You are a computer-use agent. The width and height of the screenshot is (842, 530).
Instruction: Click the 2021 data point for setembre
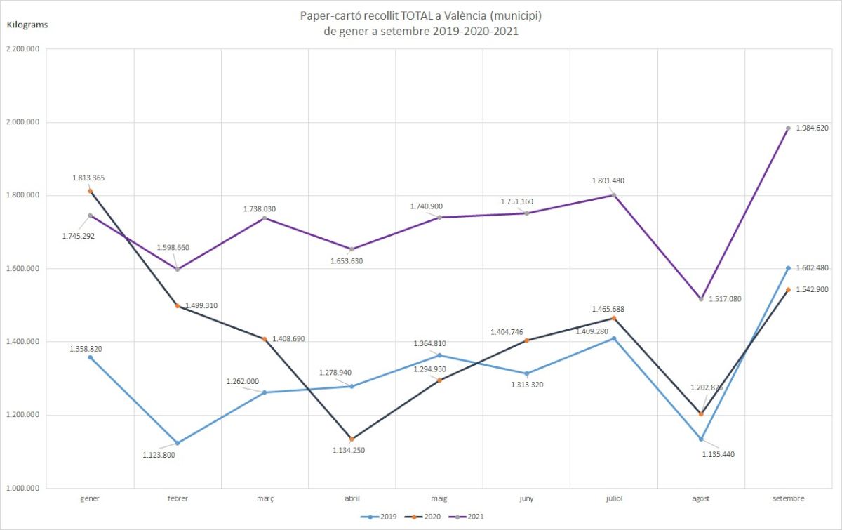pos(788,128)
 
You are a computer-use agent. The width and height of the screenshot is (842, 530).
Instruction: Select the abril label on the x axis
pos(352,498)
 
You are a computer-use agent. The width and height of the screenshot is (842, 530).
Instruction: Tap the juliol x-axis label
pos(613,498)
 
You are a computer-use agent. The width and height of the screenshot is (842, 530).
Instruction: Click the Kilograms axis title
pos(27,25)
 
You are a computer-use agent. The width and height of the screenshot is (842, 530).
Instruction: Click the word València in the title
pos(476,15)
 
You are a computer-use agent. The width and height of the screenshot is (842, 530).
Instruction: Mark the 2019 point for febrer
pos(178,443)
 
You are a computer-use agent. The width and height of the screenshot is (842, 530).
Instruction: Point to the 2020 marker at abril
pos(352,439)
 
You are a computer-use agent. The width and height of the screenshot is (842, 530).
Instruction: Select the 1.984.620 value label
pos(813,128)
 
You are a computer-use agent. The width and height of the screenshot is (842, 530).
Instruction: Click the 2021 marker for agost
pos(701,299)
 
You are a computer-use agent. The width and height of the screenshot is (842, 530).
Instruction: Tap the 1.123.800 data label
pos(159,455)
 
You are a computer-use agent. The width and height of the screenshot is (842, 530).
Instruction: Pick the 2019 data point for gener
pos(90,357)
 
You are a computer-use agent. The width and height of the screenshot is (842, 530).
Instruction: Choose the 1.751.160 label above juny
pos(516,201)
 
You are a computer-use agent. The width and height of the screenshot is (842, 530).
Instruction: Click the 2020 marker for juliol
pos(614,318)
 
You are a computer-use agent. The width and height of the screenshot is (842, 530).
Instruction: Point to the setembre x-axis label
pos(787,498)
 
